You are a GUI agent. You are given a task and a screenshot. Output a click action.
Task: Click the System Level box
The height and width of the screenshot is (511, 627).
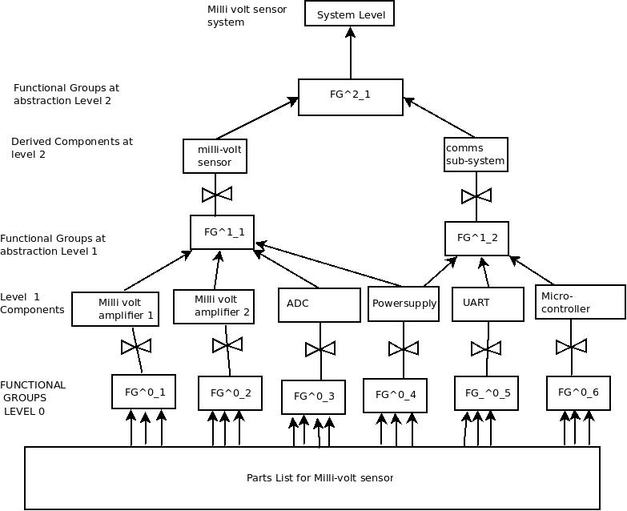[x=350, y=14]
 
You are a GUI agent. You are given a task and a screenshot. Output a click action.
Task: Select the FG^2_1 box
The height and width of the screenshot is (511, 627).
[x=351, y=97]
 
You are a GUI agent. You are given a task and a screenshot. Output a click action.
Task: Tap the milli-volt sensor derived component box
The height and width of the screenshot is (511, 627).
[x=214, y=155]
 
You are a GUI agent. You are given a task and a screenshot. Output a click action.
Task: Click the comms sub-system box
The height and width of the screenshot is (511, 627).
[x=476, y=155]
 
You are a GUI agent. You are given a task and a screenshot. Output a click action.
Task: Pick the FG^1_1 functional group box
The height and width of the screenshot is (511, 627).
[x=223, y=232]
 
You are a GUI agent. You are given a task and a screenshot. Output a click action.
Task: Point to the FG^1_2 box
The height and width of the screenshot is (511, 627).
[x=476, y=238]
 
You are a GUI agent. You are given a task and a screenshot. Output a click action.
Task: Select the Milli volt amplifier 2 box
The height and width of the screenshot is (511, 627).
[x=214, y=306]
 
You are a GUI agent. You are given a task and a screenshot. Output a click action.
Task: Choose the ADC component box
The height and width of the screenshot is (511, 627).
[x=320, y=305]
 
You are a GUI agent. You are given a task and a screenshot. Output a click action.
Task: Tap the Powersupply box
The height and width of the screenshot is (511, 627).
[x=404, y=304]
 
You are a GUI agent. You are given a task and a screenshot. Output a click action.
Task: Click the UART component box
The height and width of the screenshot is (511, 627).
[x=484, y=303]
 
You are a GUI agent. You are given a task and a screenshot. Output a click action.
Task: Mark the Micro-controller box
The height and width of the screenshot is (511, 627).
[x=580, y=303]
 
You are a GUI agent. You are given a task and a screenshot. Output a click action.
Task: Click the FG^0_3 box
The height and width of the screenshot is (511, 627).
[x=314, y=396]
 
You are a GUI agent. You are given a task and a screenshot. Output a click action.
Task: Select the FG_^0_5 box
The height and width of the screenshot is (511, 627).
[x=487, y=393]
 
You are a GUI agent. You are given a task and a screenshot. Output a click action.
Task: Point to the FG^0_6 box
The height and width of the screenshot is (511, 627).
[x=573, y=392]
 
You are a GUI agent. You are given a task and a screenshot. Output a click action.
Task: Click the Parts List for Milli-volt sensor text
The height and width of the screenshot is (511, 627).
[x=320, y=477]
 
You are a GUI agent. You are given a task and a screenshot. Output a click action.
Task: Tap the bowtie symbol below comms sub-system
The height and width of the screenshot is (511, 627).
[x=476, y=195]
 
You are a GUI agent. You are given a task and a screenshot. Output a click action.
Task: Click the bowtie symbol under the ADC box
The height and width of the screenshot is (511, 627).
[x=320, y=349]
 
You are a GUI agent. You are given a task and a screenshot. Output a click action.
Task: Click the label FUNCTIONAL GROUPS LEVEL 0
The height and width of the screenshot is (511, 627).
[x=34, y=398]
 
